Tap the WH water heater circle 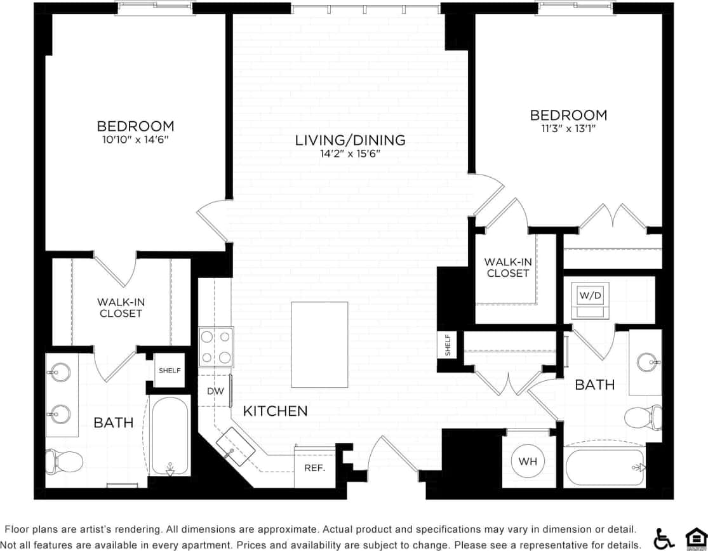(x=528, y=461)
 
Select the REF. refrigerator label (x=315, y=468)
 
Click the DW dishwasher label (x=215, y=391)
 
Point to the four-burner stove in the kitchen (x=216, y=347)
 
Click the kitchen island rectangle (x=319, y=344)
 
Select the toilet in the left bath (x=63, y=461)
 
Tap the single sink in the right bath (x=648, y=362)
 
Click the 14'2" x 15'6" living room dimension (x=350, y=154)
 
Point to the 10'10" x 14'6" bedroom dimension (x=135, y=139)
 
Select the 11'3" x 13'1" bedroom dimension (x=568, y=128)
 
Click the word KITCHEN (x=276, y=411)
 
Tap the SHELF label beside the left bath (x=170, y=371)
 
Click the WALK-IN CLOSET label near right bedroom (x=507, y=267)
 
